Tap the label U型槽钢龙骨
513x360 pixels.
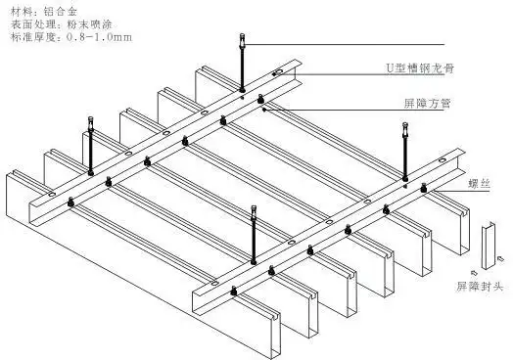tap(416, 68)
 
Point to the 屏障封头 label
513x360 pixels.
tap(480, 287)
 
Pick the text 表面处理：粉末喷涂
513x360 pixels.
tap(50, 24)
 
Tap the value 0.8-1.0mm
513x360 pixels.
tap(96, 37)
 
